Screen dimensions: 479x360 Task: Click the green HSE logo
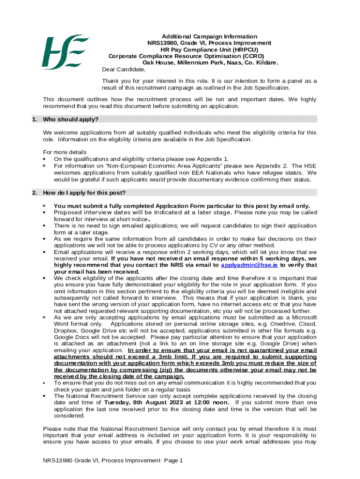65,51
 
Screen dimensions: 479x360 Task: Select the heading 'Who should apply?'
71,119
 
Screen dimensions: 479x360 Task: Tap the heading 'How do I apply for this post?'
84,193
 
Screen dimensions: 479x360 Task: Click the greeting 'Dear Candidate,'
124,70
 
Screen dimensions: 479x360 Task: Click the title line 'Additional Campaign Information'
209,36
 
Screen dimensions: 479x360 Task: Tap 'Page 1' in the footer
173,461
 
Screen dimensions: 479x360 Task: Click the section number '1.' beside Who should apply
35,119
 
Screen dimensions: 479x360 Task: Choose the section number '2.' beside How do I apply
35,193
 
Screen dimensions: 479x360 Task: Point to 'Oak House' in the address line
158,63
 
